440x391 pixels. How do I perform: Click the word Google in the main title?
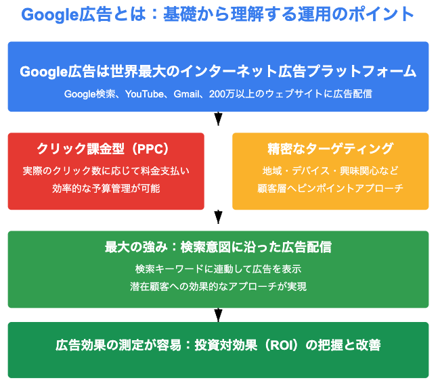coord(49,15)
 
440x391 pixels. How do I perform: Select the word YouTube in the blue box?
coord(144,94)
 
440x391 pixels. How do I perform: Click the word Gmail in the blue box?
coord(186,94)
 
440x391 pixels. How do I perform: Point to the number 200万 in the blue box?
coord(222,94)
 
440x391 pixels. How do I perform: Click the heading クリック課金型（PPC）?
coord(103,149)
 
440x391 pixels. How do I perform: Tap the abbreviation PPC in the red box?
coord(150,149)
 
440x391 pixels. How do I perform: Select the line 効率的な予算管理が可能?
coord(106,188)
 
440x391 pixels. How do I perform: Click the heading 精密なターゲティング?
coord(330,149)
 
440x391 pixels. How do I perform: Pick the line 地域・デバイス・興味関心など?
coord(330,171)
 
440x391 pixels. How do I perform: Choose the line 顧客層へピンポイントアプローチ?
coord(330,188)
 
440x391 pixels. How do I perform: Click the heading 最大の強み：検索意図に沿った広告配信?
coord(219,247)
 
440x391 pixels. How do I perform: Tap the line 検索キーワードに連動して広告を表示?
coord(219,269)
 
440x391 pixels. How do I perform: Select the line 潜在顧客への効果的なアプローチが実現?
coord(219,286)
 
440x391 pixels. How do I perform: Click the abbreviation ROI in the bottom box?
coord(282,345)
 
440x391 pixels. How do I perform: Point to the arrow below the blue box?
coord(219,118)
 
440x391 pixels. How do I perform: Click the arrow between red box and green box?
coord(219,217)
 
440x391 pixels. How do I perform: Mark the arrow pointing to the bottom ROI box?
coord(219,315)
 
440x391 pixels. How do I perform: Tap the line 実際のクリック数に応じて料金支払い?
coord(106,171)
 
